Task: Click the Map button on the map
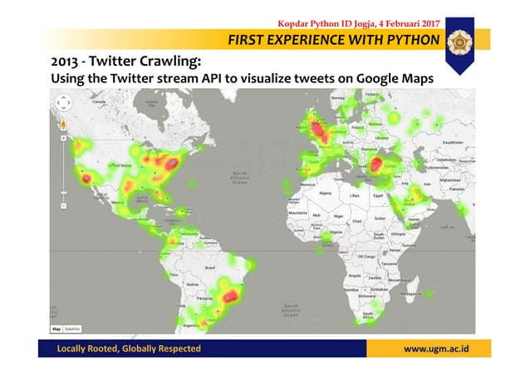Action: (x=56, y=329)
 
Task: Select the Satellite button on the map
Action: (x=72, y=329)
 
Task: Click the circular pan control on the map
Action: (x=63, y=106)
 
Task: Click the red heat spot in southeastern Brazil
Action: (x=230, y=295)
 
